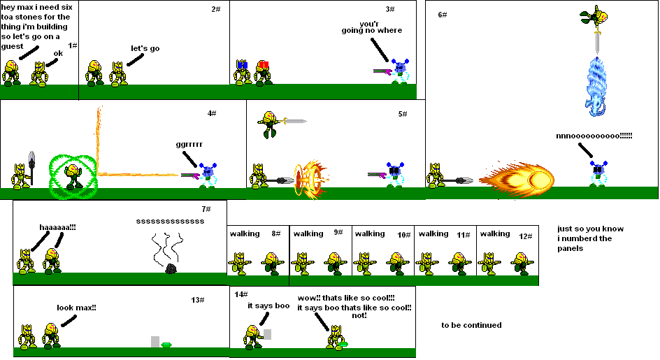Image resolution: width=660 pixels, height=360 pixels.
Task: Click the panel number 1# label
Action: tap(72, 45)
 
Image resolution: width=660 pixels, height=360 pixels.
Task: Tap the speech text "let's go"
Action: tap(145, 48)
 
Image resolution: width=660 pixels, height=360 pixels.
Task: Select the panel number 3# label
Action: tap(390, 9)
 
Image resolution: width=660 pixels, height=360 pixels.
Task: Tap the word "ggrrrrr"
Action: tap(189, 145)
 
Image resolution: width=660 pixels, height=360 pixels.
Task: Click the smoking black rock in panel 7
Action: tap(170, 268)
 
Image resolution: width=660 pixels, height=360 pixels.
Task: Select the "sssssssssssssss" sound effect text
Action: tap(171, 221)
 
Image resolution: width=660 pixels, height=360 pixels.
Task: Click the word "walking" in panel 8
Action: tap(244, 233)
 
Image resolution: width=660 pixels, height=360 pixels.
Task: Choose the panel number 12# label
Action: tap(526, 236)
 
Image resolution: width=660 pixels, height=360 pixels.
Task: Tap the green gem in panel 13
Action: tap(166, 345)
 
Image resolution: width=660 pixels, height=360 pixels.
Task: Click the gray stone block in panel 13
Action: tap(155, 342)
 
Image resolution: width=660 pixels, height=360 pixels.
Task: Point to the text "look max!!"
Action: tap(76, 308)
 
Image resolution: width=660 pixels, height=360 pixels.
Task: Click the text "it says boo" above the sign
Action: tap(268, 305)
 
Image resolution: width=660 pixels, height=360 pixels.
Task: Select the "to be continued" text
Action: tap(471, 325)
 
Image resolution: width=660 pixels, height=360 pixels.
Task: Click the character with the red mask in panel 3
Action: tap(263, 73)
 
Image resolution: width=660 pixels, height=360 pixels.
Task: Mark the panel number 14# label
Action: tap(241, 294)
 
